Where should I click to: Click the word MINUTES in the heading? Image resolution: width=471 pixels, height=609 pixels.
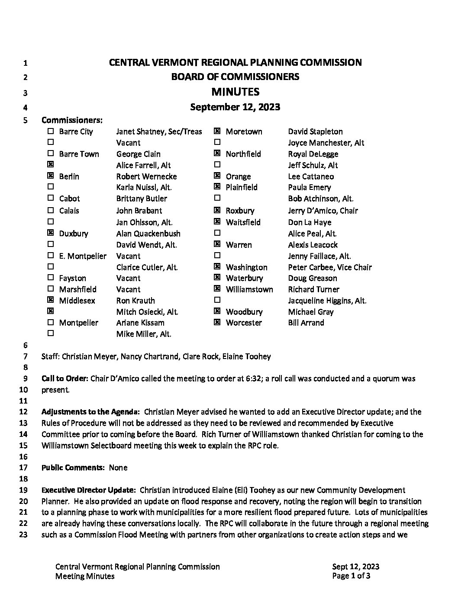235,92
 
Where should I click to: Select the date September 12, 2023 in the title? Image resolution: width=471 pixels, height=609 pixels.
235,107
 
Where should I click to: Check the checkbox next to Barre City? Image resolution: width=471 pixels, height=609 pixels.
51,131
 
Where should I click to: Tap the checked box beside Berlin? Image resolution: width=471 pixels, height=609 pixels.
51,176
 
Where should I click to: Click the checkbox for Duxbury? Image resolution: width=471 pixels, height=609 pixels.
51,233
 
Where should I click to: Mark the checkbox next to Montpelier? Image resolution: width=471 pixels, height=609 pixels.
51,322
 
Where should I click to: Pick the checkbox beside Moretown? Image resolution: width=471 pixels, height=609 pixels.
217,131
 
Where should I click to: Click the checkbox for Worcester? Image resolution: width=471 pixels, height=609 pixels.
217,322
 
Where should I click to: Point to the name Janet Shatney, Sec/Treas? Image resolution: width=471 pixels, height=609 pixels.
159,131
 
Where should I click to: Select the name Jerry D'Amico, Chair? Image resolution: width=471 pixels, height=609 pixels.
323,211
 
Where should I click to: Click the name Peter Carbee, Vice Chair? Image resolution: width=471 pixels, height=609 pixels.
330,267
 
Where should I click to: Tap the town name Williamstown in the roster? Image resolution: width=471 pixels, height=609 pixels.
249,289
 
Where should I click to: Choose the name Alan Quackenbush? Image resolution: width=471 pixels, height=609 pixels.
148,234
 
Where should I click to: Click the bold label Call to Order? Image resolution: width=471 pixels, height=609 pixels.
65,378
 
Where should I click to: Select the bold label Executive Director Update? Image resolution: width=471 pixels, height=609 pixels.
89,490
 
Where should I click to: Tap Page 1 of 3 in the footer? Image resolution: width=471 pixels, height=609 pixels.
351,576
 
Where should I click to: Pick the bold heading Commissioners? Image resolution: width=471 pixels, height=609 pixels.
72,120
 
